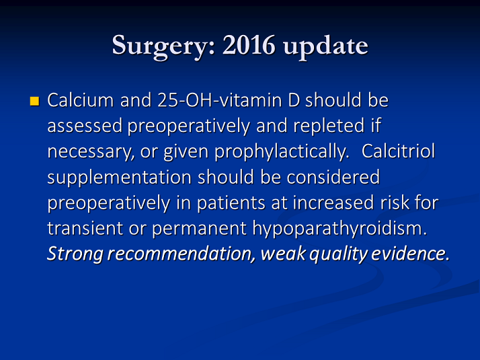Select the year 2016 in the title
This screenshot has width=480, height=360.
[x=249, y=44]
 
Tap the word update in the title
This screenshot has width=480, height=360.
[x=325, y=46]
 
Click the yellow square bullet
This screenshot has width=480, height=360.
[x=34, y=101]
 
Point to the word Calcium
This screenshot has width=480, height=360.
[x=81, y=100]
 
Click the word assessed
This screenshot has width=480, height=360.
[x=85, y=126]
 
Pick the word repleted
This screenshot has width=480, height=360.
[x=329, y=126]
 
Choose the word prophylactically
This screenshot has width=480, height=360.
[x=282, y=151]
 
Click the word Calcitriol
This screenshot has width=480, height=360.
[x=398, y=151]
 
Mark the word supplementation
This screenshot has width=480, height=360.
[x=120, y=178]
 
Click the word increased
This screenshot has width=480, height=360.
[x=333, y=203]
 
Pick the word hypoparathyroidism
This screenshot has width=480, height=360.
[x=339, y=229]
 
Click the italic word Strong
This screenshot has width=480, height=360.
[x=75, y=254]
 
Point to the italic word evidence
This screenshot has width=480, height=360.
[x=410, y=254]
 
